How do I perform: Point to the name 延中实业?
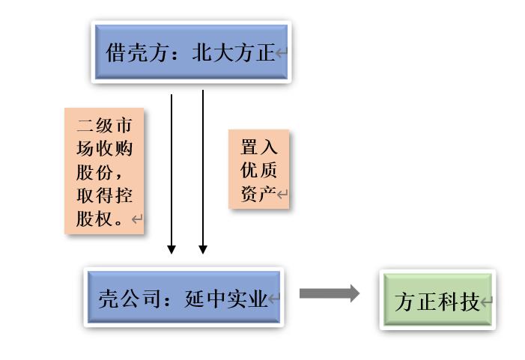click(x=225, y=299)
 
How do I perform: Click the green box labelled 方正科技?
click(x=437, y=301)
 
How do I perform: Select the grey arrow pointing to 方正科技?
click(x=329, y=293)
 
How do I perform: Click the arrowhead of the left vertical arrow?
click(x=172, y=248)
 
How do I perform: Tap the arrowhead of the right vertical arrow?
click(x=202, y=248)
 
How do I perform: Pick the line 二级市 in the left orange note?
click(x=104, y=125)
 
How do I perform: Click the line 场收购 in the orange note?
click(x=104, y=148)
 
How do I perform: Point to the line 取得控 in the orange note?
click(x=104, y=195)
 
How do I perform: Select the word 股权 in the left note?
click(x=95, y=219)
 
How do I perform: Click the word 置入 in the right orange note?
click(x=258, y=147)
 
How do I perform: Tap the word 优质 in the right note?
click(x=258, y=170)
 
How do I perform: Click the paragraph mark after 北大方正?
click(x=282, y=53)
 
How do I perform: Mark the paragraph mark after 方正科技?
click(x=488, y=303)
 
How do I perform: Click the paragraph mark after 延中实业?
click(x=274, y=300)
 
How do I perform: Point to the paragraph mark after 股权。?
click(x=136, y=219)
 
